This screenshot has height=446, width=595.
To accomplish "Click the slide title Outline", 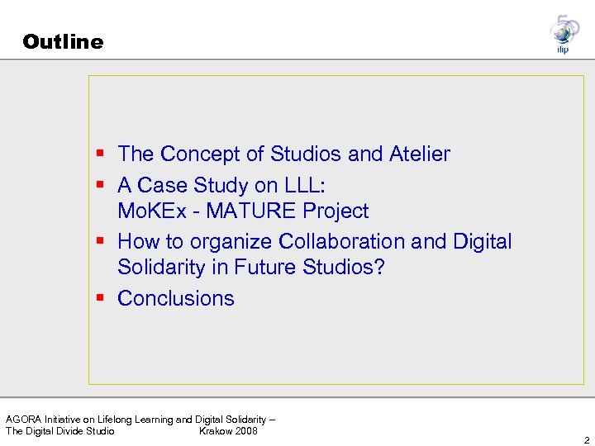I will tap(64, 42).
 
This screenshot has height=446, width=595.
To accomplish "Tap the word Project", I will tap(336, 211).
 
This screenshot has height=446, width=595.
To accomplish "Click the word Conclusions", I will tap(176, 299).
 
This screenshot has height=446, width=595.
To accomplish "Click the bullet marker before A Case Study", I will tap(100, 184).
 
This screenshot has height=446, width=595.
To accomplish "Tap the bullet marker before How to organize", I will tap(100, 242).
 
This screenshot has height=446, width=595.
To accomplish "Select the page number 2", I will tap(585, 439).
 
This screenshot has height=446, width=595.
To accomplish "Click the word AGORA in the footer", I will tap(24, 420).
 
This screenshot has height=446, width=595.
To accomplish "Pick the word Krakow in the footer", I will tap(216, 431).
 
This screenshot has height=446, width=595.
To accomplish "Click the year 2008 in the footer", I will tap(246, 431).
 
